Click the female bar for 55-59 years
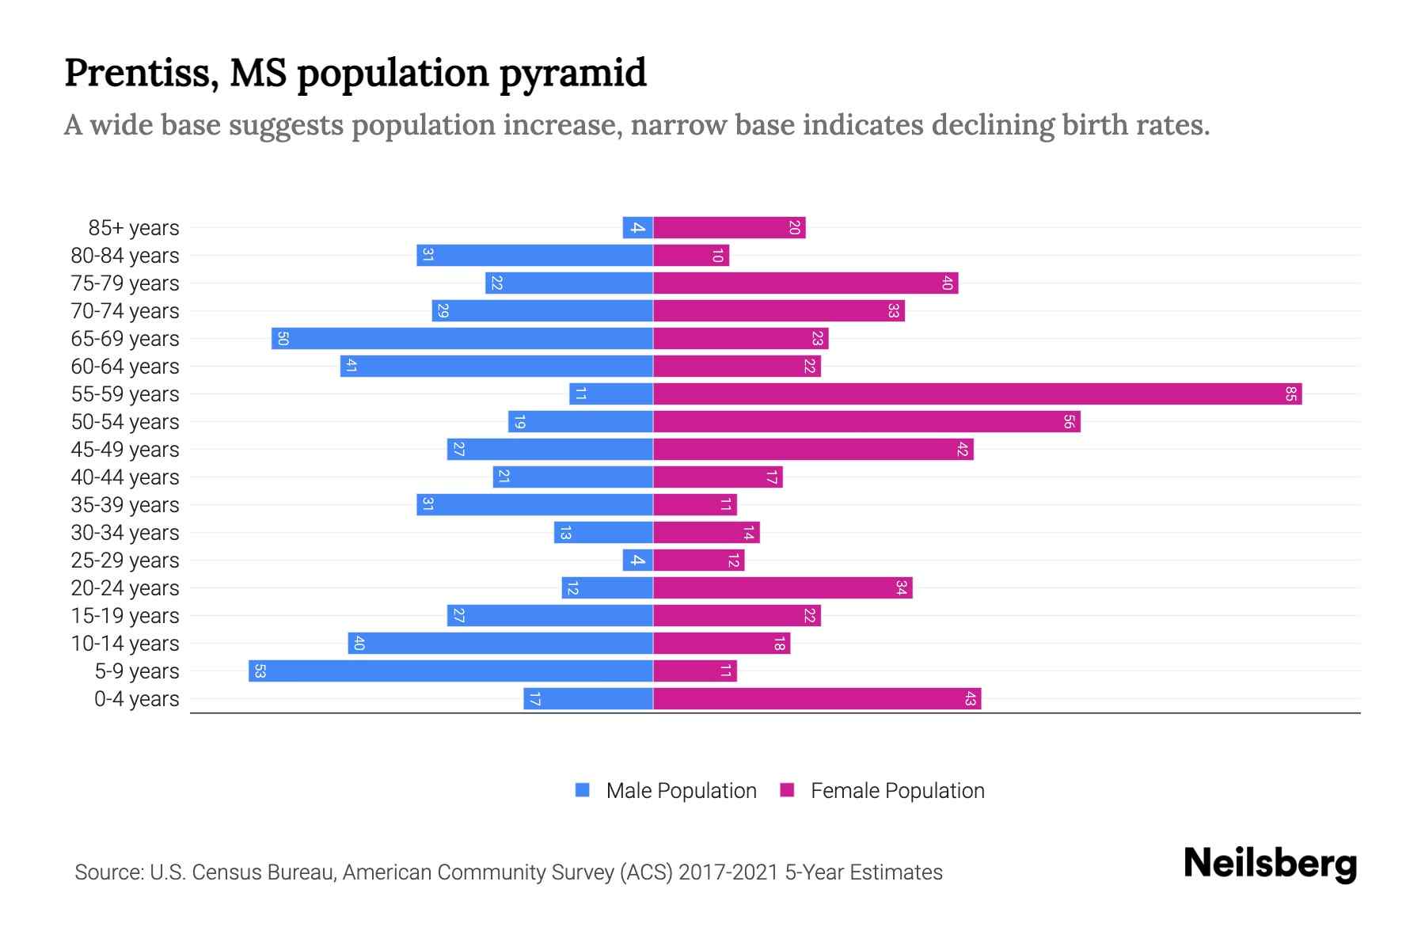(977, 394)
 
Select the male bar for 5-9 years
(450, 671)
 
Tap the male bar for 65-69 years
(462, 339)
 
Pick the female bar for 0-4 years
(817, 699)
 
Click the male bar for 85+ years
(638, 228)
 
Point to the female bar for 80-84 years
(691, 256)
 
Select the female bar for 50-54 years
(867, 422)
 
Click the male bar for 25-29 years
(638, 560)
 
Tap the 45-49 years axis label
(125, 450)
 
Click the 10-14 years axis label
(125, 644)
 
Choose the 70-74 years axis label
(125, 311)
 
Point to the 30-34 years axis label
(125, 533)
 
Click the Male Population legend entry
(681, 791)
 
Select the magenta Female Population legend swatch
(787, 790)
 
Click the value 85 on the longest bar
(1290, 394)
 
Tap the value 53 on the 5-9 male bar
(260, 671)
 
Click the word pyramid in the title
(573, 73)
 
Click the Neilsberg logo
(1270, 864)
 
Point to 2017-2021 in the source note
(728, 872)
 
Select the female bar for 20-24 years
(782, 588)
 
